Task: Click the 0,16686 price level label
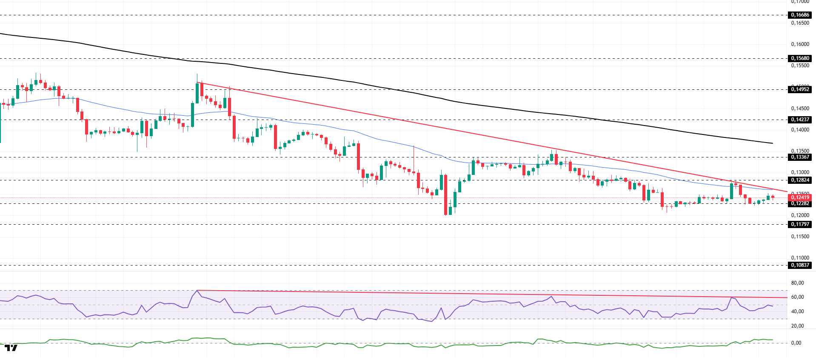click(800, 15)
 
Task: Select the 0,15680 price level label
click(800, 58)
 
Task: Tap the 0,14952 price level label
click(800, 89)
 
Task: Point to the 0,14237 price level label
click(800, 120)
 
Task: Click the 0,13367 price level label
click(800, 157)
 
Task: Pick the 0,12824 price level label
click(800, 180)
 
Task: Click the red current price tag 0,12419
click(800, 197)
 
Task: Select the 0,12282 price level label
click(800, 204)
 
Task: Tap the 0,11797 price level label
click(800, 224)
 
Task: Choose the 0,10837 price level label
click(800, 265)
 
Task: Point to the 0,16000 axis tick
click(800, 44)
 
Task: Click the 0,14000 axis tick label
click(800, 130)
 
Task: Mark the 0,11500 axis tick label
click(800, 237)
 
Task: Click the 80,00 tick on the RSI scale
click(797, 283)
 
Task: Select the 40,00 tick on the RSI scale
click(797, 311)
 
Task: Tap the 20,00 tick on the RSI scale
click(797, 326)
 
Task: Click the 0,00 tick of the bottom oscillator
click(796, 343)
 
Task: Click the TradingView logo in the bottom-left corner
click(11, 348)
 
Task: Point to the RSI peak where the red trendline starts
click(197, 291)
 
